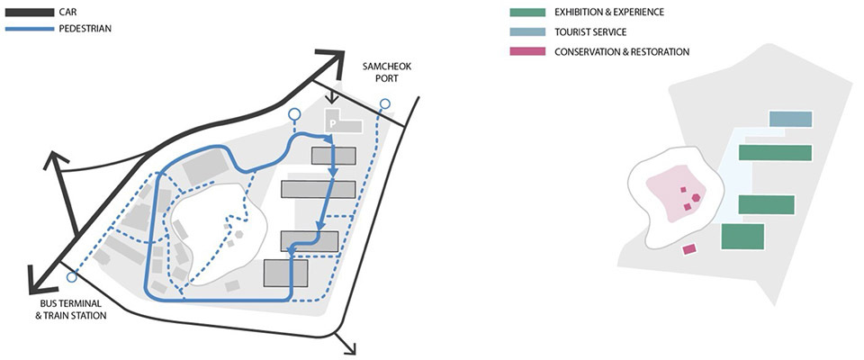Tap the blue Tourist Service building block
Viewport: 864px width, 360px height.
[x=790, y=120]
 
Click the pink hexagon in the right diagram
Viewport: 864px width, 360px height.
[x=696, y=197]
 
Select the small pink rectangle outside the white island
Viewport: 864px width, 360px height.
[x=690, y=248]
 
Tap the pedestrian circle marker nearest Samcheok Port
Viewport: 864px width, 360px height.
[x=385, y=106]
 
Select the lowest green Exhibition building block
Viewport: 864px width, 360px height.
[x=742, y=237]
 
